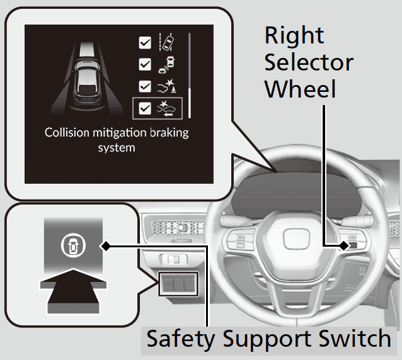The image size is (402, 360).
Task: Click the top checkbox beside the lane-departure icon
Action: pos(145,43)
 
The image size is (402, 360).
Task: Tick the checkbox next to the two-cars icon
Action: pos(145,65)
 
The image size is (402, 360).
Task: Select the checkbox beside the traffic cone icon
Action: pos(145,87)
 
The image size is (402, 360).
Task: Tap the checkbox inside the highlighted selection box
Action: pos(145,108)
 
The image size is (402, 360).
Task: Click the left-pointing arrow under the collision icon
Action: pos(168,113)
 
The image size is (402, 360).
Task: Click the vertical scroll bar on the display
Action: pos(190,73)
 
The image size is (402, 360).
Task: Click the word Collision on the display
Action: pos(68,133)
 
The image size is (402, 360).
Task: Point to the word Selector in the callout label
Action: pos(308,62)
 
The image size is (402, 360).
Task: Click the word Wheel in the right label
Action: pos(300,89)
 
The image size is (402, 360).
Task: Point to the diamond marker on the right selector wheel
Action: pos(343,245)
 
